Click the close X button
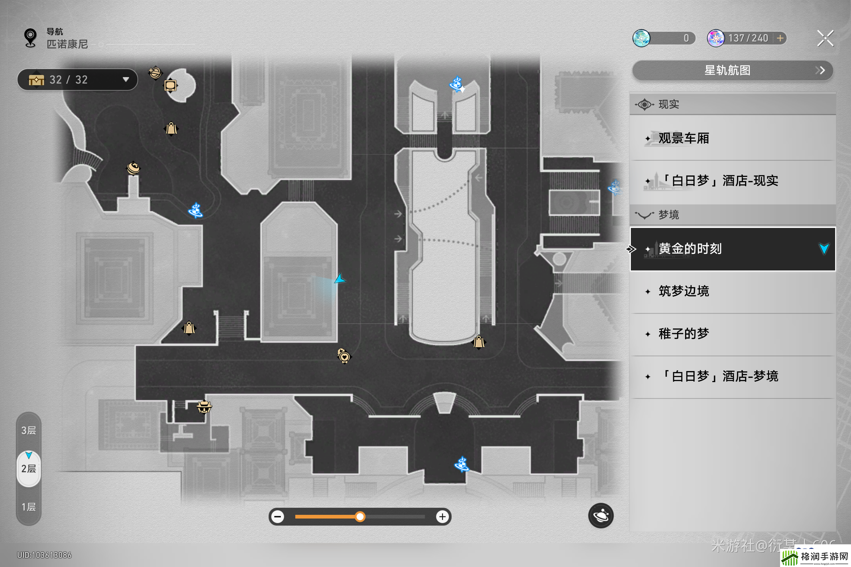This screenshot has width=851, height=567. (x=825, y=38)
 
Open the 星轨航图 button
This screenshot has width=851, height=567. (x=732, y=70)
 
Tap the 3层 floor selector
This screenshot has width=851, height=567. (x=29, y=430)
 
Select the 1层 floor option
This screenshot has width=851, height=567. (x=29, y=507)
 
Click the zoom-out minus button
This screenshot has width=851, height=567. (x=277, y=517)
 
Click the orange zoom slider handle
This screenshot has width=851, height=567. (x=360, y=517)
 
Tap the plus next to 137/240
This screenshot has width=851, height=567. (x=780, y=38)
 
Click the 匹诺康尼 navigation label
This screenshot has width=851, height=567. (x=67, y=44)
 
